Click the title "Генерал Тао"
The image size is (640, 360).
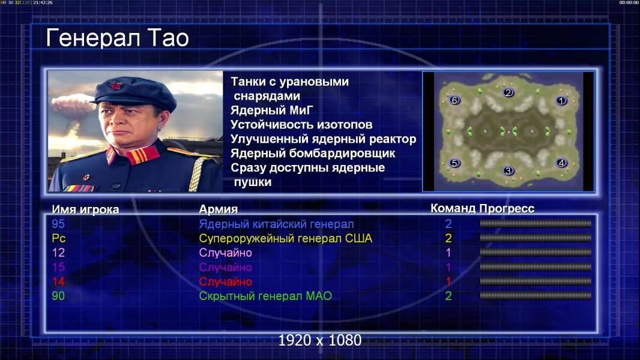(x=117, y=38)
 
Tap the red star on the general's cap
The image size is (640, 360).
(x=115, y=86)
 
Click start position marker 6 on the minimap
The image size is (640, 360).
(x=454, y=100)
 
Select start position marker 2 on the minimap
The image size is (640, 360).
(x=508, y=92)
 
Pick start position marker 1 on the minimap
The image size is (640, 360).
(x=561, y=100)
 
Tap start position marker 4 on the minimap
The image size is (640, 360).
(x=561, y=163)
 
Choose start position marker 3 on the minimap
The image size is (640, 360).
(x=508, y=170)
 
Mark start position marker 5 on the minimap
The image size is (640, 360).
(x=454, y=163)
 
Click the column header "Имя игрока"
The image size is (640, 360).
(x=85, y=209)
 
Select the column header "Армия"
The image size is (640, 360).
(x=218, y=209)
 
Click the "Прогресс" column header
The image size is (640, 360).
(x=507, y=208)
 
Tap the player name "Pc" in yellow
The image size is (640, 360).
(x=59, y=238)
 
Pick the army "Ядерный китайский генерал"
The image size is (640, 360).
(x=276, y=224)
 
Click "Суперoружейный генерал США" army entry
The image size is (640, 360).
(x=285, y=238)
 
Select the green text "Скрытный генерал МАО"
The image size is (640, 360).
(x=265, y=296)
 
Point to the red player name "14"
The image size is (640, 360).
(x=58, y=281)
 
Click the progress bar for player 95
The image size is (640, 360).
(x=536, y=223)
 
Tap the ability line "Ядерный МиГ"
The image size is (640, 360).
(x=271, y=110)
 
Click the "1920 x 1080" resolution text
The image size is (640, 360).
(x=319, y=340)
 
